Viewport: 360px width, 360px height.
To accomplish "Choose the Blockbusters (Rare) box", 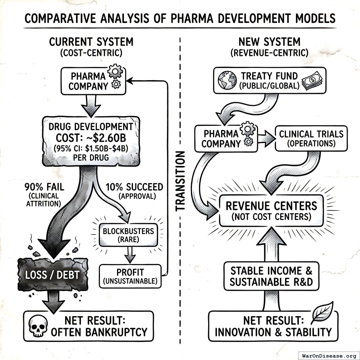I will coord(128,235).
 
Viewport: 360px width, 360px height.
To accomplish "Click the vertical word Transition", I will coord(180,181).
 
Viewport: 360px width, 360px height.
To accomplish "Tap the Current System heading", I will coord(91,42).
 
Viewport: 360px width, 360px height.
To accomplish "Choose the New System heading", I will coord(269,42).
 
